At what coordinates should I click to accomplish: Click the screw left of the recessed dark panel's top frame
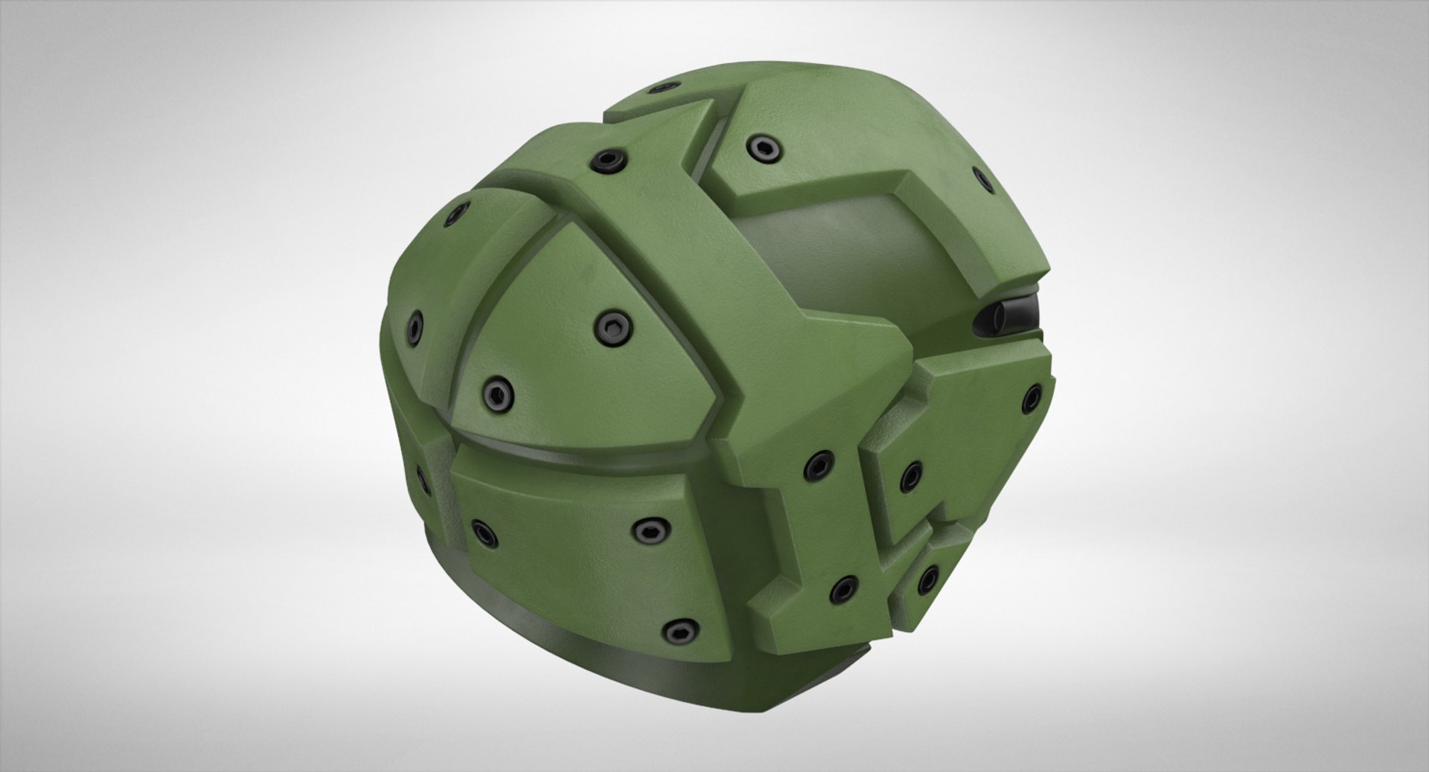(758, 144)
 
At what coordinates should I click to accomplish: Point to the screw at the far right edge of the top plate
(982, 177)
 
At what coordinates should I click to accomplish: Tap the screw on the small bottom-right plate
(927, 579)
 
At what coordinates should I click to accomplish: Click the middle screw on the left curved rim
(415, 326)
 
